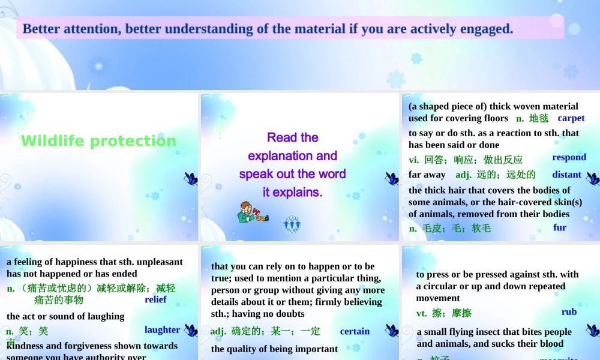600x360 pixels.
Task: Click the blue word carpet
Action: point(571,118)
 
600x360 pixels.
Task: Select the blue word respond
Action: point(569,157)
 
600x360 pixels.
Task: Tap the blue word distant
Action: point(566,175)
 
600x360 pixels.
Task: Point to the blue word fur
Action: point(560,227)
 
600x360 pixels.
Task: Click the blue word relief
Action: point(155,299)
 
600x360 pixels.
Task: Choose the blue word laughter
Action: point(162,329)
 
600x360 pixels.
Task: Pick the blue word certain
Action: point(355,331)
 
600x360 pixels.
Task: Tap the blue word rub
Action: point(569,312)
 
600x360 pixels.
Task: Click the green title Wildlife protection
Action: point(98,141)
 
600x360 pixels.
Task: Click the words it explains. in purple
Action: point(292,192)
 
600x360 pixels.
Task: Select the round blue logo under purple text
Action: point(292,224)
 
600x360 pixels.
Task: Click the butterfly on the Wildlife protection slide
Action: point(191,178)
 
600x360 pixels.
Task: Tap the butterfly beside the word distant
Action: point(592,178)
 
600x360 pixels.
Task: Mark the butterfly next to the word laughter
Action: point(191,331)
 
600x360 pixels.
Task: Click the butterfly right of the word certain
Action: point(391,331)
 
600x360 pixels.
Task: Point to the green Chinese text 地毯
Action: point(538,119)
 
